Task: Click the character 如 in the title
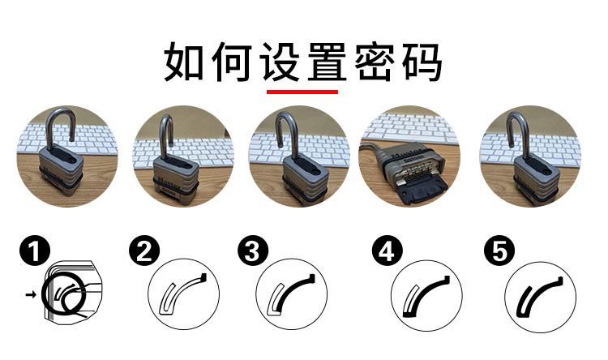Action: click(x=183, y=62)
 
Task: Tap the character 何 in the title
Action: click(x=232, y=62)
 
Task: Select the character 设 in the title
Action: click(x=279, y=62)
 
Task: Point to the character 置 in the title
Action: click(x=327, y=62)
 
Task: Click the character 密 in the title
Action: click(x=375, y=62)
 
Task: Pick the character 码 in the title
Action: click(x=422, y=62)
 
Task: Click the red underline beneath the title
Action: click(x=302, y=92)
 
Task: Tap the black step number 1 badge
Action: click(x=35, y=251)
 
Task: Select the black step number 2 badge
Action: click(x=144, y=251)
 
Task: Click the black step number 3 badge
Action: click(x=253, y=251)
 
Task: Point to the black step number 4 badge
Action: click(x=387, y=251)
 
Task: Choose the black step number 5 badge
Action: click(x=499, y=251)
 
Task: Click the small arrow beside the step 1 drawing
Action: click(x=31, y=295)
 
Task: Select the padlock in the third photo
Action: click(x=304, y=163)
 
